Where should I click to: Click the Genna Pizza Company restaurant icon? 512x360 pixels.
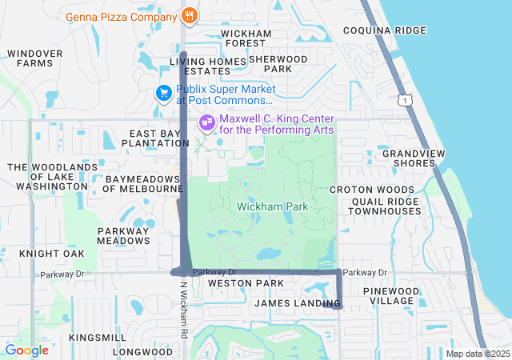tap(189, 14)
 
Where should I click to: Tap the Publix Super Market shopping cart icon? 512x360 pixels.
tap(164, 94)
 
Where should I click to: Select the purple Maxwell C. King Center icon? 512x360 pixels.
tap(206, 122)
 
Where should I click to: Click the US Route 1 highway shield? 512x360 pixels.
tap(407, 99)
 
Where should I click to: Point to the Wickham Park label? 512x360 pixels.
tap(273, 207)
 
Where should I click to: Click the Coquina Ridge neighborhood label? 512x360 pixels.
tap(385, 30)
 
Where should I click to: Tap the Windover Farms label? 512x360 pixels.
tap(34, 58)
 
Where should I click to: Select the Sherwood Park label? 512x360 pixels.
tap(278, 64)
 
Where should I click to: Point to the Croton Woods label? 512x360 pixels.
tap(372, 190)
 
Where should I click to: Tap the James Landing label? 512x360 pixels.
tap(298, 303)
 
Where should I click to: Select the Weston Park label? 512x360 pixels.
tap(246, 284)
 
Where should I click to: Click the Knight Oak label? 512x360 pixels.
tap(52, 254)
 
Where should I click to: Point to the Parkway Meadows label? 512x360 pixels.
tap(123, 235)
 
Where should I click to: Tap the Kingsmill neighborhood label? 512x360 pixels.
tap(97, 338)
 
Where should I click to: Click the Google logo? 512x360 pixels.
tap(26, 350)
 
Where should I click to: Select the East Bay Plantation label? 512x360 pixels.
tap(155, 138)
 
